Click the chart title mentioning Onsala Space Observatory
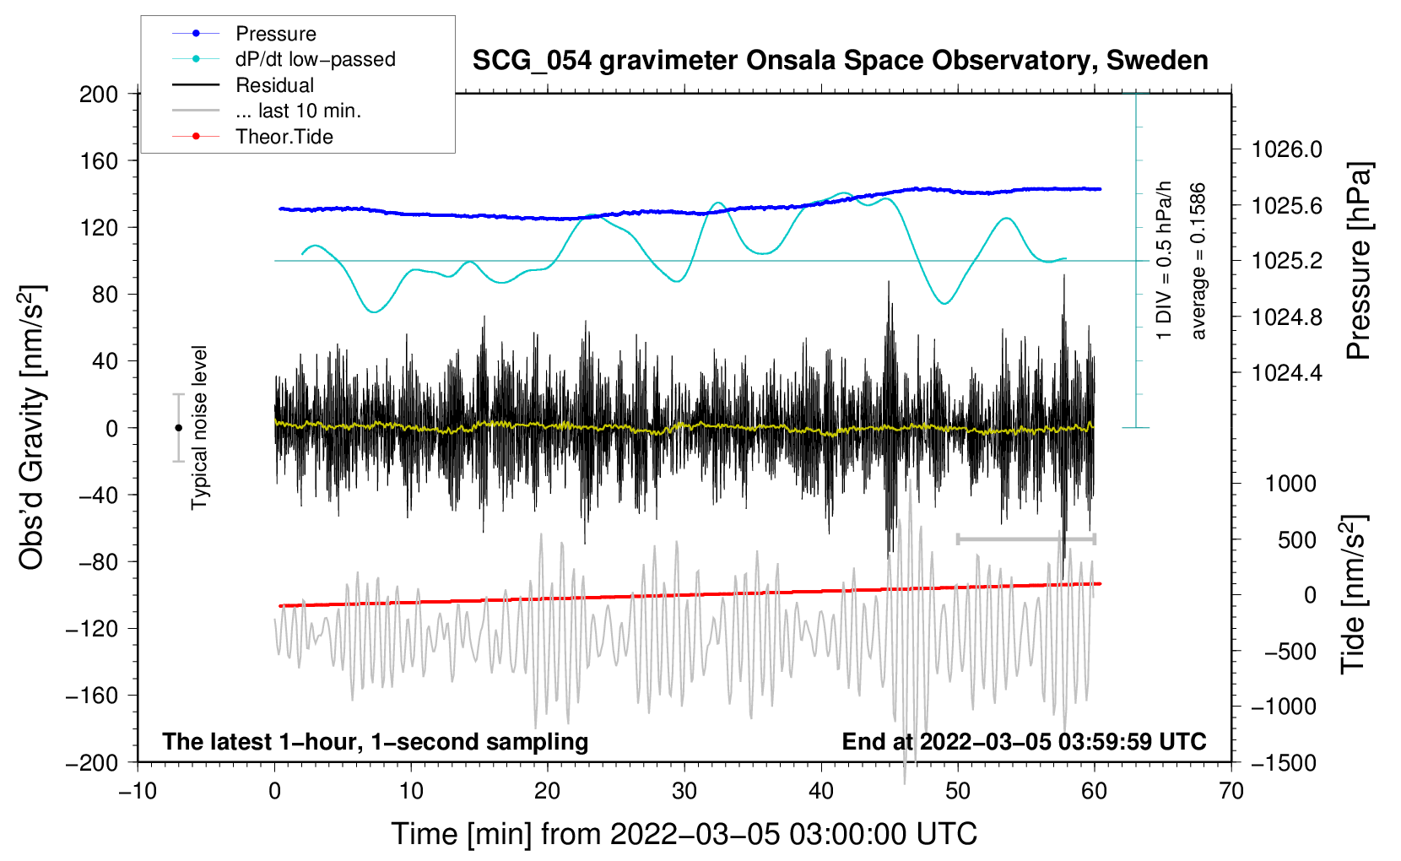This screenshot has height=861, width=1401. click(x=840, y=61)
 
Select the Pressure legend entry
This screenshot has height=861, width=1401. click(x=275, y=34)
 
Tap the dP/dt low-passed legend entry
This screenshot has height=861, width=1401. click(x=315, y=59)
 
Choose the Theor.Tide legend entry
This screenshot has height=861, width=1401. click(x=284, y=137)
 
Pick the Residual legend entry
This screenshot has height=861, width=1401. click(x=274, y=85)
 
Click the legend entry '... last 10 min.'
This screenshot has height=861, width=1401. click(x=298, y=111)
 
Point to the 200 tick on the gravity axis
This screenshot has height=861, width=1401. click(x=99, y=94)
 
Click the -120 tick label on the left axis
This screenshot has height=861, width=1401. click(x=94, y=629)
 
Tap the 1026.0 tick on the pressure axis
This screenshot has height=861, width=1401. click(x=1286, y=149)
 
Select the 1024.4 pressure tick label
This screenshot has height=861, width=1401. click(x=1286, y=372)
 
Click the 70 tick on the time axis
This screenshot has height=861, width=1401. click(x=1231, y=791)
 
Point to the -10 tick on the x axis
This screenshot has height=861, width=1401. click(x=138, y=791)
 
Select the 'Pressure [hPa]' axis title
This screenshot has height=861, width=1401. click(x=1358, y=262)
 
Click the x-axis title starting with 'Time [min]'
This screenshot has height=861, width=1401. click(x=684, y=834)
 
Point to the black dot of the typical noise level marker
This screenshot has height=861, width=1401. click(x=178, y=428)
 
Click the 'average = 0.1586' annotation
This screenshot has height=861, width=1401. click(x=1198, y=262)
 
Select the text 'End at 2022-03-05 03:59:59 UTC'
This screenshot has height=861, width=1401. click(x=1024, y=742)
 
